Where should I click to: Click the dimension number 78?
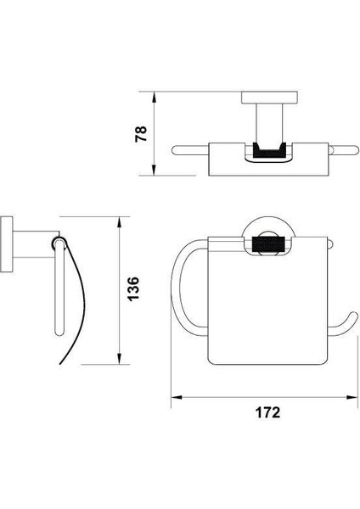tap(141, 134)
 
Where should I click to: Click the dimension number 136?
tap(133, 289)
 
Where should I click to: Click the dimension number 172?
tap(267, 412)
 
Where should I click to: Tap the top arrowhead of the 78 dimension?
tap(154, 97)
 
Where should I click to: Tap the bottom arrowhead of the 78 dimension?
tap(154, 171)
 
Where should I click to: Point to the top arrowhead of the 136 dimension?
tap(120, 222)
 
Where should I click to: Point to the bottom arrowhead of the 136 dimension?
tap(120, 359)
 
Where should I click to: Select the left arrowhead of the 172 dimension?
tap(177, 397)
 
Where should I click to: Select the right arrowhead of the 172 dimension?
tap(352, 397)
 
